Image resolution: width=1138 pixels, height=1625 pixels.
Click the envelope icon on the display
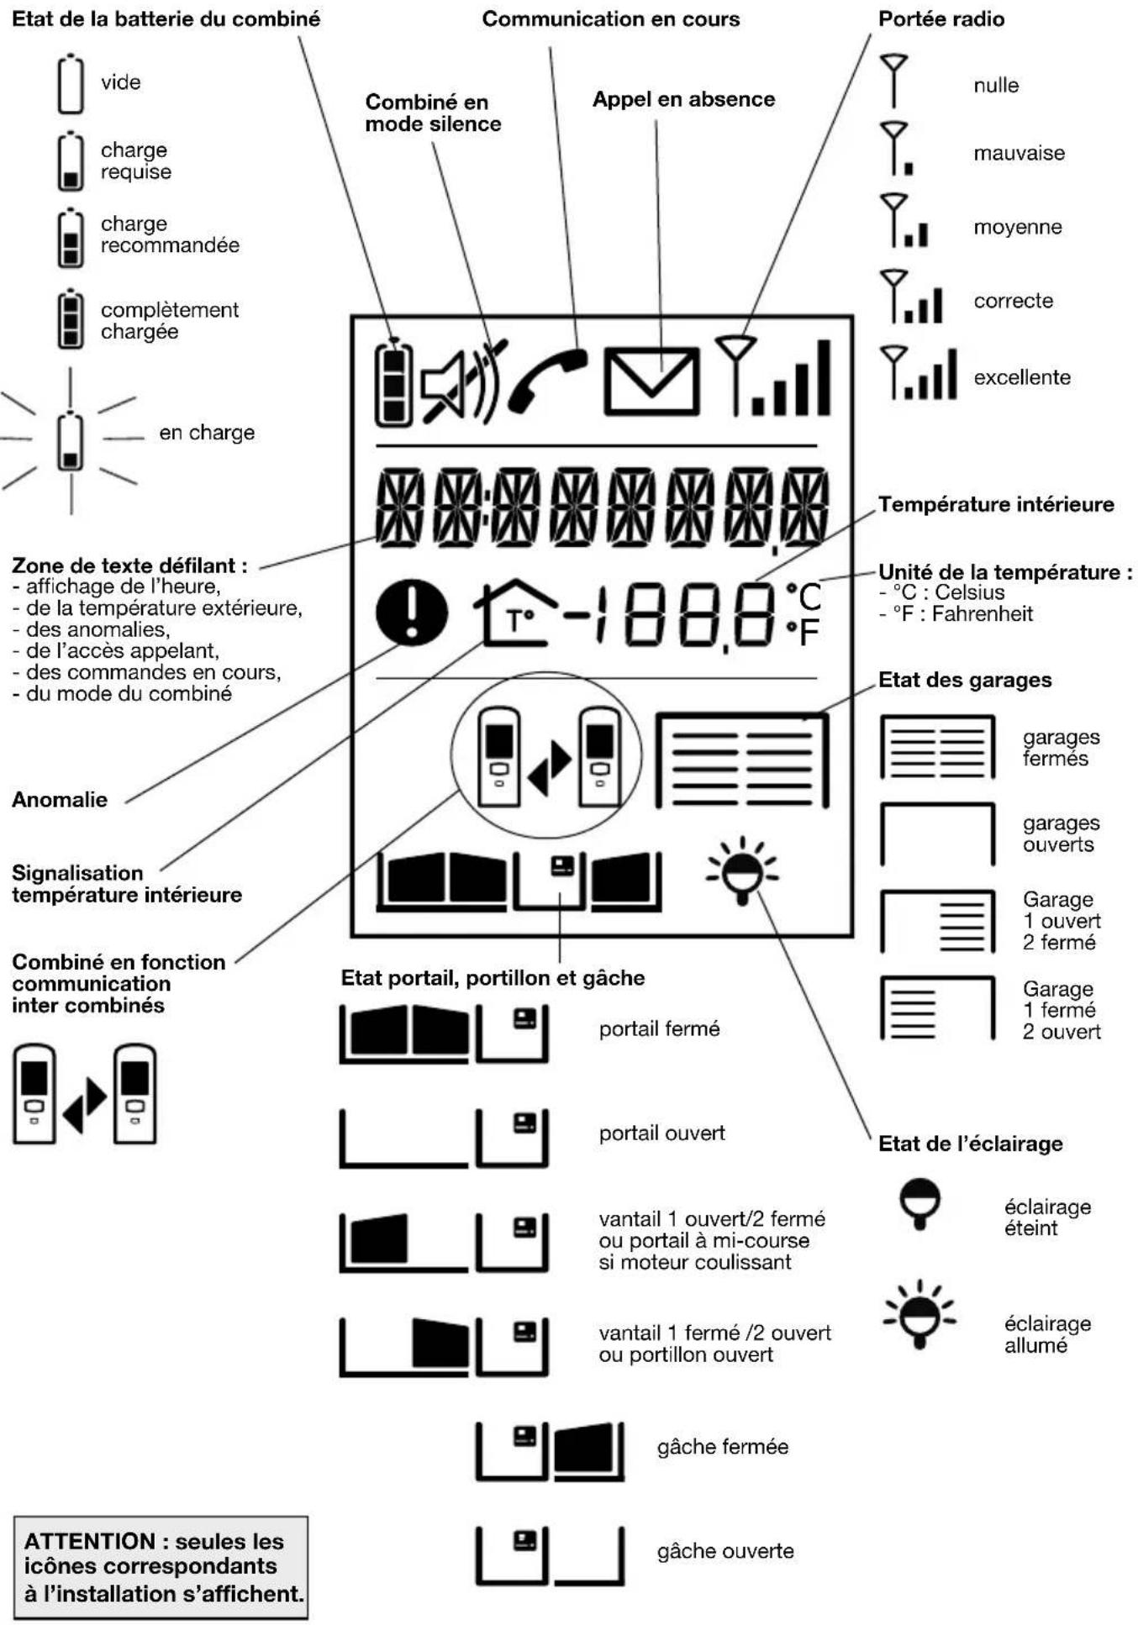click(651, 381)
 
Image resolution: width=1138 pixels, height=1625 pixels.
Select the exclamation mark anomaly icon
click(411, 613)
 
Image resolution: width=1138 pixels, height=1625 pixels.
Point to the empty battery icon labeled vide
click(71, 83)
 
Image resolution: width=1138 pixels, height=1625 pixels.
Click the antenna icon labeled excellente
click(918, 373)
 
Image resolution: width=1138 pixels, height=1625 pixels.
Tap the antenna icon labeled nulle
click(893, 81)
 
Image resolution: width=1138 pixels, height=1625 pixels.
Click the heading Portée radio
click(940, 18)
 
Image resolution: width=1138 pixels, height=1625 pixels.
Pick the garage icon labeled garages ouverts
click(937, 834)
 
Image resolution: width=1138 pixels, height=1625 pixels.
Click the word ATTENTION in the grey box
click(89, 1541)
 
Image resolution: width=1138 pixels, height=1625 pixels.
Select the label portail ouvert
click(661, 1133)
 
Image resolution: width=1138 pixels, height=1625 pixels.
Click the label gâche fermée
click(722, 1446)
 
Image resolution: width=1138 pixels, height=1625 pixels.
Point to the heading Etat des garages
click(964, 680)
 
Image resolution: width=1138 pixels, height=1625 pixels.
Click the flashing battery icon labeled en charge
click(71, 441)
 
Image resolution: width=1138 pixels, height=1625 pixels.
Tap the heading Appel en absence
click(683, 99)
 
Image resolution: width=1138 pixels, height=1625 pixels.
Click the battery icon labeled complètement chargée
click(71, 318)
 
